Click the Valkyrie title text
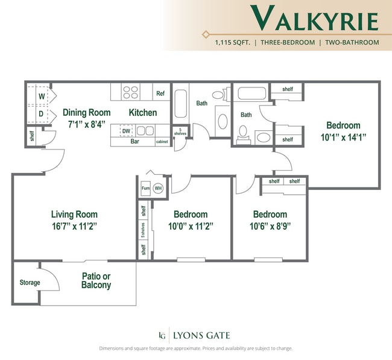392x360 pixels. (x=315, y=19)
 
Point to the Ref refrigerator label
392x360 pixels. (x=160, y=93)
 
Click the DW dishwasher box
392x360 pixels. (x=126, y=131)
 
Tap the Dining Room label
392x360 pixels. (x=87, y=112)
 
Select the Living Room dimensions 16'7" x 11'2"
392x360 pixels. (x=74, y=226)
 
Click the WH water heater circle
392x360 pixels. (x=158, y=188)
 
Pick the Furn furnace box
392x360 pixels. (x=145, y=188)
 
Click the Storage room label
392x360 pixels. (x=30, y=282)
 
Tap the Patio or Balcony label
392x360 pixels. (x=96, y=280)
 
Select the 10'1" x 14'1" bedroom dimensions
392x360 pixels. (x=343, y=137)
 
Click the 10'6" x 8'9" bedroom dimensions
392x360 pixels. (x=270, y=226)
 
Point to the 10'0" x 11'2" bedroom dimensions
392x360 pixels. (x=191, y=226)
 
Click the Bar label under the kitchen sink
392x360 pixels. (x=135, y=142)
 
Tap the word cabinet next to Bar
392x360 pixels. (x=162, y=142)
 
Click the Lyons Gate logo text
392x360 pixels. (x=201, y=335)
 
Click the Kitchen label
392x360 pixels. (x=143, y=112)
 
